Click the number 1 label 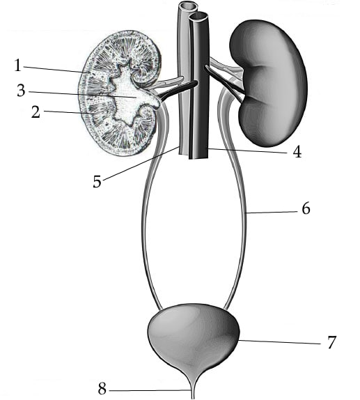coord(17,65)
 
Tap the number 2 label coord(36,111)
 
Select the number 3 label coord(21,91)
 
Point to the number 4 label coord(297,152)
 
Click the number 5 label coord(97,182)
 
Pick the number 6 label coord(306,208)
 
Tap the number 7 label coord(331,342)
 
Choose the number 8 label coord(102,390)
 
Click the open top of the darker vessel coord(198,17)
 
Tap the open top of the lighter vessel coord(187,6)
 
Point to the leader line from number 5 coord(141,163)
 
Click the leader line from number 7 coord(280,342)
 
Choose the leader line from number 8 coord(150,390)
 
